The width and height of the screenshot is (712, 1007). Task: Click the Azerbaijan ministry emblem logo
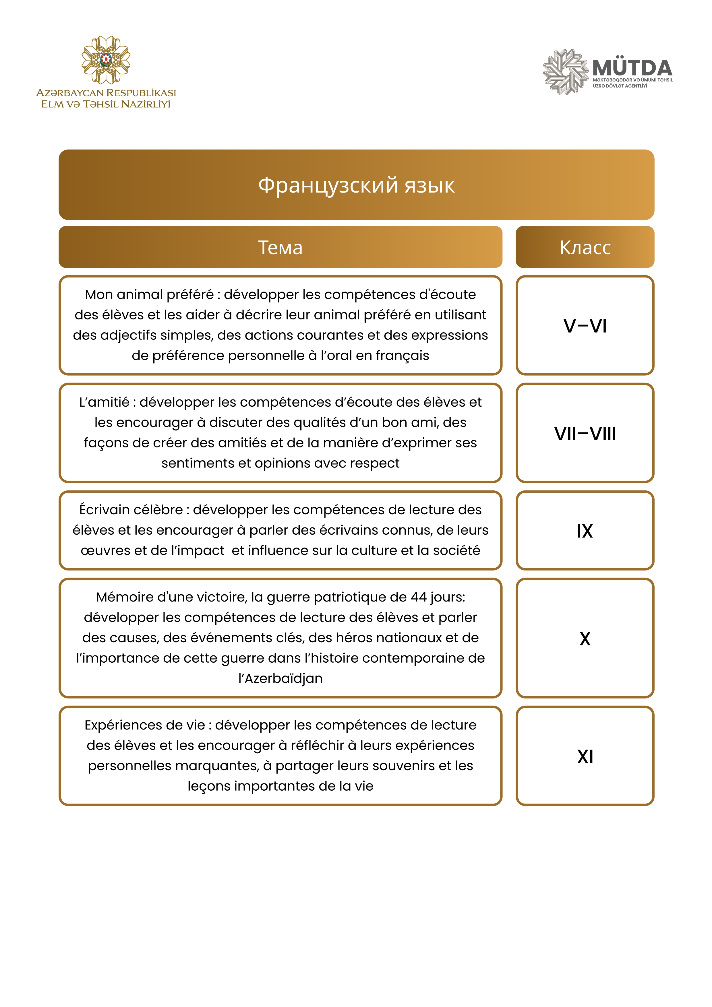click(x=106, y=60)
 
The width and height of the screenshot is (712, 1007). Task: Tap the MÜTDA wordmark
click(x=632, y=68)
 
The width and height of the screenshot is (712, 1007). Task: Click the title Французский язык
click(x=356, y=185)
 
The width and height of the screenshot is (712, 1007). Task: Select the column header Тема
click(x=280, y=247)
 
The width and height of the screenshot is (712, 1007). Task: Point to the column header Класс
click(x=585, y=247)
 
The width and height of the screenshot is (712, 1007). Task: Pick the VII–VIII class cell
click(x=585, y=433)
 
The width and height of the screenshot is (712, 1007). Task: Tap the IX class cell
click(x=585, y=531)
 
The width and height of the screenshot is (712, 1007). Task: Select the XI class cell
click(x=585, y=756)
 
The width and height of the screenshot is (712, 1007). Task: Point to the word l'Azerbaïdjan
click(x=280, y=678)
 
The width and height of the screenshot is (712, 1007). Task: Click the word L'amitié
click(x=104, y=402)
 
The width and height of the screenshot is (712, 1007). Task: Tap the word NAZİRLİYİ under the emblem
click(x=146, y=104)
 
